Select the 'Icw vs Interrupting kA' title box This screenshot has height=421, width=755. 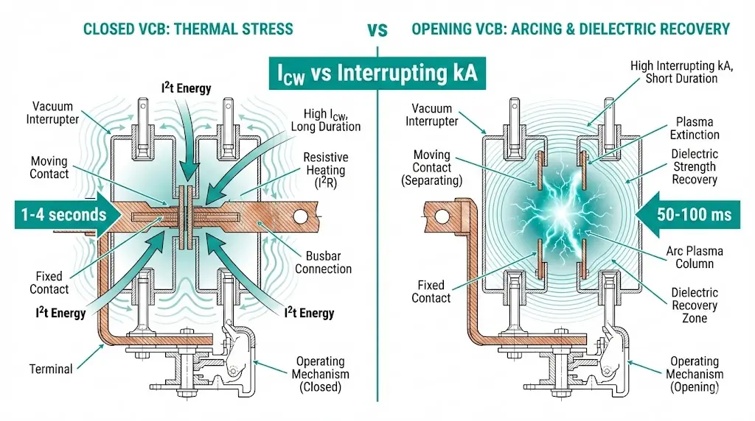377,73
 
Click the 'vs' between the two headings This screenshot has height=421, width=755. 377,29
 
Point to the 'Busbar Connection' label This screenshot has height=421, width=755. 323,261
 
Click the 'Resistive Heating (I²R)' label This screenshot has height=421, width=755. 325,169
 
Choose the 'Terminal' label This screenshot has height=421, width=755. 51,368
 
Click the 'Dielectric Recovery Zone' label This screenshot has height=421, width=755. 694,305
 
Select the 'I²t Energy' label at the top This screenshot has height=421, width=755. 186,89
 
